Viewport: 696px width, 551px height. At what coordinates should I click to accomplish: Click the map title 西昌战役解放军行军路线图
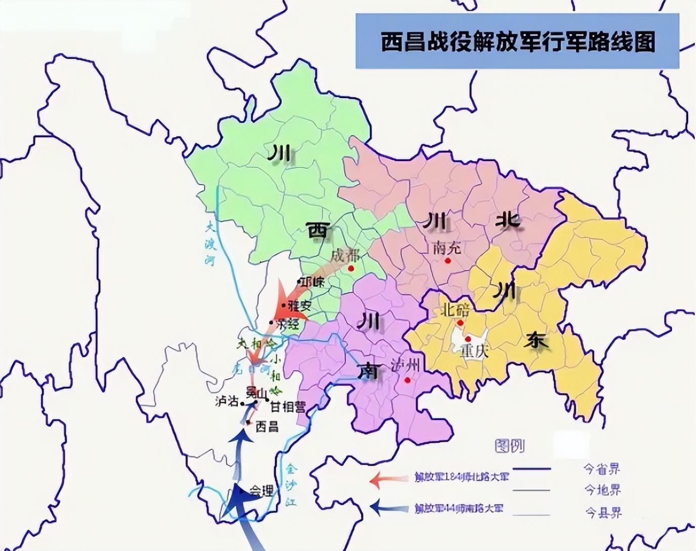click(517, 42)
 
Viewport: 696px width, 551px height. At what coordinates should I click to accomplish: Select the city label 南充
click(447, 248)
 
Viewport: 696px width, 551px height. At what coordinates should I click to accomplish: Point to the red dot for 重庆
click(468, 339)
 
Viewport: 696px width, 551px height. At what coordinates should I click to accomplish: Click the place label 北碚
click(455, 309)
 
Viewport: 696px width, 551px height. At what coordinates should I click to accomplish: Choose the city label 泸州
click(406, 366)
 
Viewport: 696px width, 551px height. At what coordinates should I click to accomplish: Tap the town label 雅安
click(299, 306)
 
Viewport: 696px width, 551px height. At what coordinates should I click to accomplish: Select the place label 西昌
click(267, 427)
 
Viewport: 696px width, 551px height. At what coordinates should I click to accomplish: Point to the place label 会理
click(262, 491)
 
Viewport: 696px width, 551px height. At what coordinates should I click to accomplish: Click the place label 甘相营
click(287, 406)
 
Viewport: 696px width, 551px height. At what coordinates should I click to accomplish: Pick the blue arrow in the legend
click(388, 507)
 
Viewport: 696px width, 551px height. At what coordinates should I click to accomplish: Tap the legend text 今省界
click(602, 469)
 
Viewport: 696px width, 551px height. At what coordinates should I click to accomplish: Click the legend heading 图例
click(509, 446)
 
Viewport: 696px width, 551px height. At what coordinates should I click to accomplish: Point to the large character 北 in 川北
click(508, 220)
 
